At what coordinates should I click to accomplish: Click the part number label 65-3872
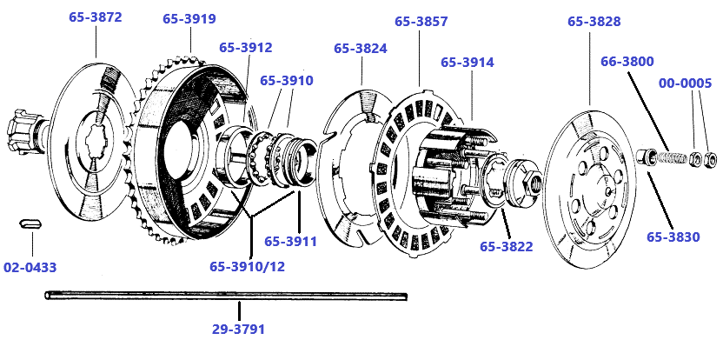pyautogui.click(x=95, y=17)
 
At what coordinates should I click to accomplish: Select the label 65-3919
pyautogui.click(x=189, y=18)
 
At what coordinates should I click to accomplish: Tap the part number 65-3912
pyautogui.click(x=245, y=48)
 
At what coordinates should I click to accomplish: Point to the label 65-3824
pyautogui.click(x=360, y=48)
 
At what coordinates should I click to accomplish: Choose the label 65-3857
pyautogui.click(x=421, y=21)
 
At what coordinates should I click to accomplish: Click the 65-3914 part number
pyautogui.click(x=467, y=63)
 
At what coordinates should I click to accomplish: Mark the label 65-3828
pyautogui.click(x=594, y=21)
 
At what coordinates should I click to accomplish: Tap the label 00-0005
pyautogui.click(x=685, y=83)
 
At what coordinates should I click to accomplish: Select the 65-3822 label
pyautogui.click(x=506, y=246)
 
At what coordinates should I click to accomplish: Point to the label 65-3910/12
pyautogui.click(x=247, y=266)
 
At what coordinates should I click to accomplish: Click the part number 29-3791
pyautogui.click(x=238, y=330)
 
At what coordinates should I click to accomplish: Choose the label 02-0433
pyautogui.click(x=30, y=267)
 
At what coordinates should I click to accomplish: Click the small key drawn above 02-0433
pyautogui.click(x=31, y=223)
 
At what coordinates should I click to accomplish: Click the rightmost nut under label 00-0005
pyautogui.click(x=709, y=159)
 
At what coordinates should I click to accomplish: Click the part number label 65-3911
pyautogui.click(x=290, y=241)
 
